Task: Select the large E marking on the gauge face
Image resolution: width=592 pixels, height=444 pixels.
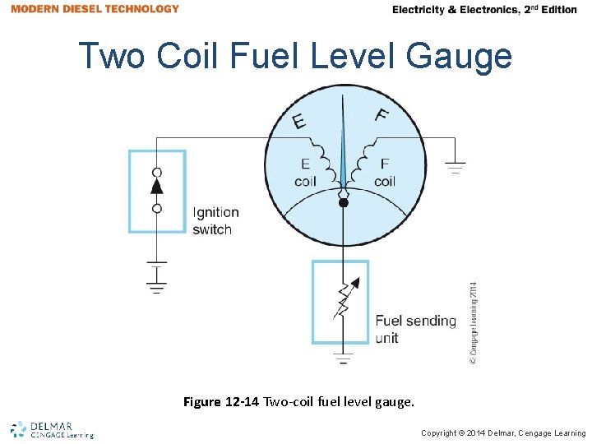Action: [x=300, y=121]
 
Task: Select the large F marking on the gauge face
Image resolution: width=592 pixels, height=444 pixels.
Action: [x=382, y=115]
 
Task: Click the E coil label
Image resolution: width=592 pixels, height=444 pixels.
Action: [x=305, y=173]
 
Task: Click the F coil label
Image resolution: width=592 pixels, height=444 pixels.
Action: [x=384, y=173]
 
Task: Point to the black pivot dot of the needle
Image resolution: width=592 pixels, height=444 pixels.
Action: [x=344, y=202]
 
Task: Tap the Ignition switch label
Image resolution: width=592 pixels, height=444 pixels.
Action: [x=215, y=221]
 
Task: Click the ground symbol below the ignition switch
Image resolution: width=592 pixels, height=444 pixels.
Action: [x=156, y=276]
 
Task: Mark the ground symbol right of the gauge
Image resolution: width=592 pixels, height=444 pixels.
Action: [x=455, y=167]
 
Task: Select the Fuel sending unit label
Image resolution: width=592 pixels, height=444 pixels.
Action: [x=415, y=329]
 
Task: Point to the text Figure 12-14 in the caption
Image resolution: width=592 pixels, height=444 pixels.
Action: [x=221, y=402]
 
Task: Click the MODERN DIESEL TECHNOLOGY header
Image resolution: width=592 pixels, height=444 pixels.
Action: [x=95, y=9]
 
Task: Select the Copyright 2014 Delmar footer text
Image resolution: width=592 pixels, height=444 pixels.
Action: [x=503, y=433]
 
